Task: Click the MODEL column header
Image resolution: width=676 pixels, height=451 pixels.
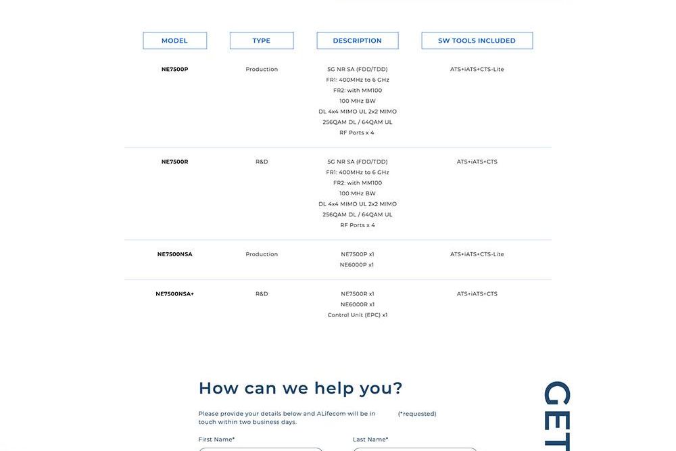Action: [174, 41]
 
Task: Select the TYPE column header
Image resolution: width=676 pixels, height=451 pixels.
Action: [262, 41]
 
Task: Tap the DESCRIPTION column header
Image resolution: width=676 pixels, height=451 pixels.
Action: [358, 41]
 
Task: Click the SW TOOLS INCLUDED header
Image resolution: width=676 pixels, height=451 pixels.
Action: [477, 41]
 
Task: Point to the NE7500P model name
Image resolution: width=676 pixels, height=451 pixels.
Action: [174, 69]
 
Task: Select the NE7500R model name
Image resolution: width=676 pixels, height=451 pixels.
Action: [174, 162]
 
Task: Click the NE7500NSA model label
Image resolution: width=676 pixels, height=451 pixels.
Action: [174, 254]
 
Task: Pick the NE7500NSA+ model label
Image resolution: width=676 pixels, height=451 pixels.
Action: [174, 294]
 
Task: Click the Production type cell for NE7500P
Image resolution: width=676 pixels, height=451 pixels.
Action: [262, 69]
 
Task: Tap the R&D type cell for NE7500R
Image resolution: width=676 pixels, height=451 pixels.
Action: [262, 162]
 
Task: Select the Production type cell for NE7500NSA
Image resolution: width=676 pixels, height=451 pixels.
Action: [262, 254]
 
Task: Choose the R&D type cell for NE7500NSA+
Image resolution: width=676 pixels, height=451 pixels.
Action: [262, 294]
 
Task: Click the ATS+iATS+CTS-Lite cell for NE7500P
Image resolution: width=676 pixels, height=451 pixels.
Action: [477, 69]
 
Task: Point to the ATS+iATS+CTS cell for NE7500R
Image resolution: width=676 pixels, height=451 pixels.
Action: [477, 162]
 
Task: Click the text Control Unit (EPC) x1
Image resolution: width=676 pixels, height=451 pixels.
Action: [358, 315]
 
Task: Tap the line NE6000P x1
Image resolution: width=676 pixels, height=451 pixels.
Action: [357, 265]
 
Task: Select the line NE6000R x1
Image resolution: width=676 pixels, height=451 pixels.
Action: [358, 304]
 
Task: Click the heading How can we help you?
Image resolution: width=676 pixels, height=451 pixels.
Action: [300, 388]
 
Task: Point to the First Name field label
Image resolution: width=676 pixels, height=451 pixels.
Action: [216, 440]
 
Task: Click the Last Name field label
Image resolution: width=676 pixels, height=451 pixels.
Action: [370, 440]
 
